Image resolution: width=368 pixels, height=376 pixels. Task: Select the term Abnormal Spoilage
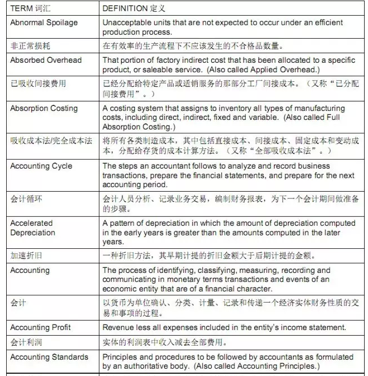44,22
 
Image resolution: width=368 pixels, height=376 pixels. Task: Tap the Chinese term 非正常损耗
30,45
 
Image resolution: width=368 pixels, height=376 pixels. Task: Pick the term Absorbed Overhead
46,60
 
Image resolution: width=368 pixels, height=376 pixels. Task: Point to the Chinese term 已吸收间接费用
38,83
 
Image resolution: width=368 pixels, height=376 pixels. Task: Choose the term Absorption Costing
44,108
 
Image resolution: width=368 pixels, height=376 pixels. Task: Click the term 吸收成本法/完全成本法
51,141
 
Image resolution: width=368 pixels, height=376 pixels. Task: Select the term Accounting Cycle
41,166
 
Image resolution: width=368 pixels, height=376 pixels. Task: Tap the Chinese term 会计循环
26,198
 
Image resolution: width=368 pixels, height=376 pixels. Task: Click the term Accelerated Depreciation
32,228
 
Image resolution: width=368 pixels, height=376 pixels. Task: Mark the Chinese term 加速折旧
26,256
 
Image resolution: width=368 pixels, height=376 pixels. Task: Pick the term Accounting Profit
40,327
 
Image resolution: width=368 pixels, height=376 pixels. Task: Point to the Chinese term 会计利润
26,341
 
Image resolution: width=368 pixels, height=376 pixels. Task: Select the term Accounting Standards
49,357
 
